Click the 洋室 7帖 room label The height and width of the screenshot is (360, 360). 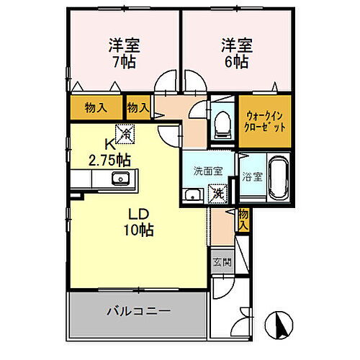(124, 52)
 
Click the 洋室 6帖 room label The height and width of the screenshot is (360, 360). (235, 52)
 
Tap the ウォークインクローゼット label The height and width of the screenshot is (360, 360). (266, 121)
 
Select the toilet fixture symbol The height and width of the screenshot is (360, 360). (221, 123)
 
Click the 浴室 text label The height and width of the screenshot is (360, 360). (251, 175)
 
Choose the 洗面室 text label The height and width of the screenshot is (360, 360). (207, 171)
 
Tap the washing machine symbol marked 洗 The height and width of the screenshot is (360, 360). (216, 192)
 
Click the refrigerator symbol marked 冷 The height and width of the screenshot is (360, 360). (125, 133)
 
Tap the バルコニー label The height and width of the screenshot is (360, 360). (138, 311)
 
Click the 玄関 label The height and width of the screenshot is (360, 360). (221, 263)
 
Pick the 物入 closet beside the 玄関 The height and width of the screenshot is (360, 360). (243, 219)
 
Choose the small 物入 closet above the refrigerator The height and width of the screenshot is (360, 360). (138, 108)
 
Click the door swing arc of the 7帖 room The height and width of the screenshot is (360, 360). (167, 81)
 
